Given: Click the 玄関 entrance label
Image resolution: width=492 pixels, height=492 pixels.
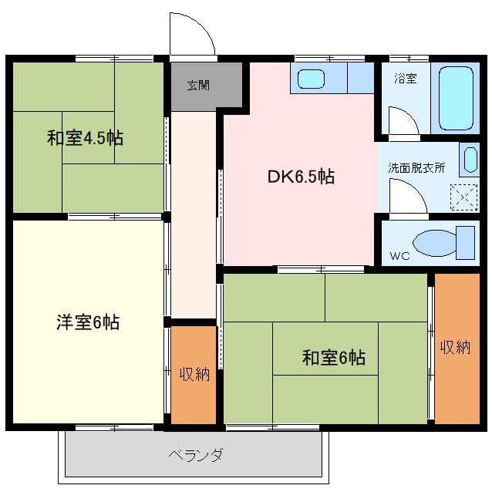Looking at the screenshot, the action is pos(198,86).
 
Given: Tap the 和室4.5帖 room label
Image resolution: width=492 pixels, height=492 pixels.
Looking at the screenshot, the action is pos(85,138).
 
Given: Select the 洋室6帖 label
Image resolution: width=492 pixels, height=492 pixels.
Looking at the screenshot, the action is pos(88,322).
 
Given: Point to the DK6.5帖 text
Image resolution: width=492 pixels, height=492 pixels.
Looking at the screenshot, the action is pos(301,177).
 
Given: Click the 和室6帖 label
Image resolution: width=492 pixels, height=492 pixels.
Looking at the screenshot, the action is pos(334,357).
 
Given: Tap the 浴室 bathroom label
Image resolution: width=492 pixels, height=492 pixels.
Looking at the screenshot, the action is pos(406,79).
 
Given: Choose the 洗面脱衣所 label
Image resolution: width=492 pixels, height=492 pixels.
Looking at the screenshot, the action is pos(416,168).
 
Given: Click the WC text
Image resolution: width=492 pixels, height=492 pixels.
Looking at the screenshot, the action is pos(399,256).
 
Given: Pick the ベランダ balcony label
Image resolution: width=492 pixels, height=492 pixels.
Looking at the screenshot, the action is pos(195,455).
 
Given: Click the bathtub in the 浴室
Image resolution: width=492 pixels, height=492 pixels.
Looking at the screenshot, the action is pos(456,98).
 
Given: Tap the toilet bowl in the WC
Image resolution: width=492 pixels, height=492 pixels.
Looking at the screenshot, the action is pos(435,243).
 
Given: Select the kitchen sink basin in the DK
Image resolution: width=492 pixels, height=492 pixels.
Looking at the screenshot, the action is pos(311,79).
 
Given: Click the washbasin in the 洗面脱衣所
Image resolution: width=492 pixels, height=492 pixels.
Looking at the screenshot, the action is pos(470,160).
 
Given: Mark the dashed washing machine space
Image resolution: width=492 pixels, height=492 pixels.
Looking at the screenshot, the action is pos(463,197).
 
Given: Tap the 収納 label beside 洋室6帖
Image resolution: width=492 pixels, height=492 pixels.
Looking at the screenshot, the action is pos(194,374).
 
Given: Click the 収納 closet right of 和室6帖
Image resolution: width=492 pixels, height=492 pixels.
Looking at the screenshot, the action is pos(457,349).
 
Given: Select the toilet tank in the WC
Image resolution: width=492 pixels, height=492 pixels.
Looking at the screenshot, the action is pos(465,243).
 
